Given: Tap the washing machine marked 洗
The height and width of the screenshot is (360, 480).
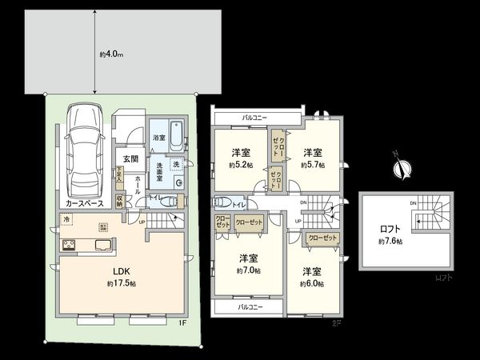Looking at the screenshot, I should click(174, 164).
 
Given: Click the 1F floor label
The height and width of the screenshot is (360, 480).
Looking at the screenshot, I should click(182, 322).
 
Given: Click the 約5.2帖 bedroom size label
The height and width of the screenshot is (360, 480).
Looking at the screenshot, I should click(240, 166).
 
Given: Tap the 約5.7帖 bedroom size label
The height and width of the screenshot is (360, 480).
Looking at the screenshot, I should click(309, 165).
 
